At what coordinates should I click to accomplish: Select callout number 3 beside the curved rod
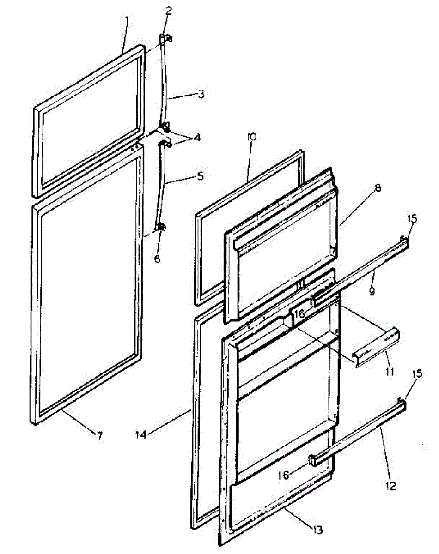point(201,94)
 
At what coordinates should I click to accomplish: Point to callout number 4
point(197,137)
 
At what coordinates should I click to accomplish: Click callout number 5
point(199,176)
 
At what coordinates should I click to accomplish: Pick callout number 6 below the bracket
point(157,259)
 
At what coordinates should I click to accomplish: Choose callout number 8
point(378,188)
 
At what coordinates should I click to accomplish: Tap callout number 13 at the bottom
point(317,530)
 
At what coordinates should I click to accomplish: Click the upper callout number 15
point(412,219)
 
